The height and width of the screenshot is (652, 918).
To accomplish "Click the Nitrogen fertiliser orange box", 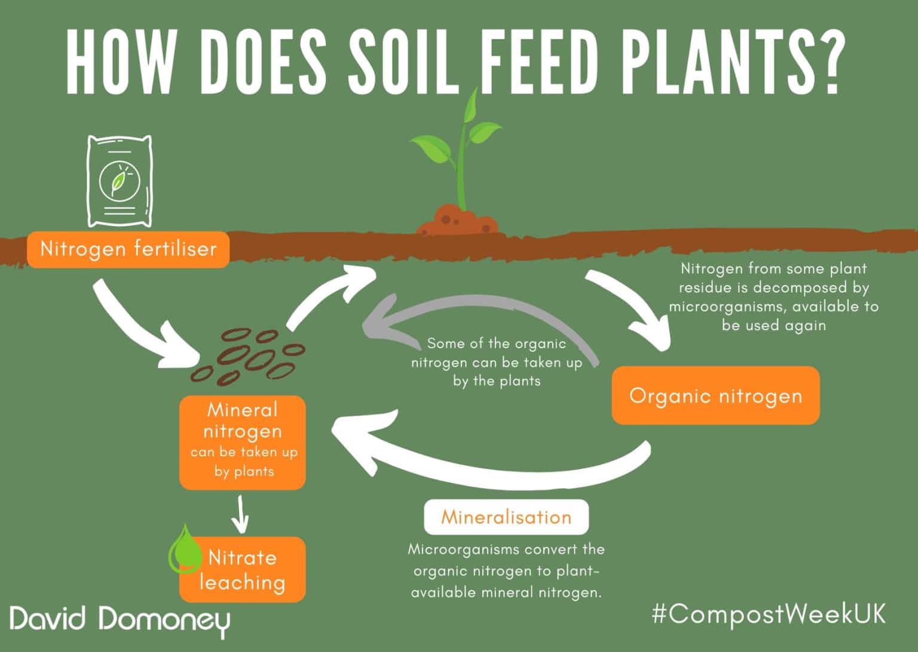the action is point(128,249).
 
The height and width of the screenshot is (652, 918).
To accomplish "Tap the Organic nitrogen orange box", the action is point(715,395).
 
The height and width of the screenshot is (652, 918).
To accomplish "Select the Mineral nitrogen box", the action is point(243,443).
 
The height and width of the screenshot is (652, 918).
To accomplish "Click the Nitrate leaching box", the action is point(243,569).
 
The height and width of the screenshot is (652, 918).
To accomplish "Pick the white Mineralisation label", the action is point(507,517).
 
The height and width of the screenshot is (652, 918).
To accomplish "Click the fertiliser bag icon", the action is point(120,181).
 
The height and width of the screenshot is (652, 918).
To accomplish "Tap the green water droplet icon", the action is point(185,549).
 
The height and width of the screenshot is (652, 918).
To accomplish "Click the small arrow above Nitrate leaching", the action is point(240,514).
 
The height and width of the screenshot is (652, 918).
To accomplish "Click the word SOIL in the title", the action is point(403,62).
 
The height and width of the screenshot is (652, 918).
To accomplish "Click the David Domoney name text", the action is point(120,619).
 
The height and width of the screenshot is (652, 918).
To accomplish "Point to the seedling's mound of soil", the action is point(458,221).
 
